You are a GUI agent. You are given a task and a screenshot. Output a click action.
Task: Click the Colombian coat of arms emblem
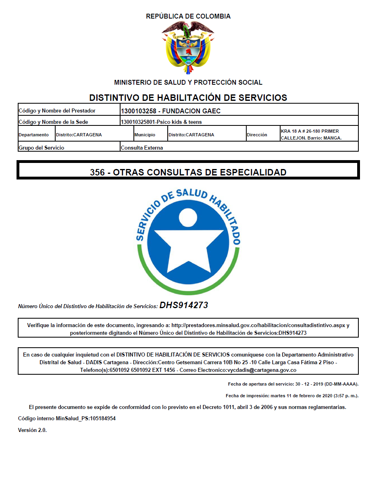(188, 48)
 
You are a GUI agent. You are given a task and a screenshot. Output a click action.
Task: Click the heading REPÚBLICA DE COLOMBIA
(188, 17)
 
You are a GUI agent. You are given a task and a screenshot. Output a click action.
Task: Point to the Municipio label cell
(145, 135)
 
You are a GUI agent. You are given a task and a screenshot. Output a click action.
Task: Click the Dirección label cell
(257, 135)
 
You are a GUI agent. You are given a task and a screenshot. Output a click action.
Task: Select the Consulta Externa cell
(142, 148)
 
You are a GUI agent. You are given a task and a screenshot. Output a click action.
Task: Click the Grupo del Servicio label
(42, 148)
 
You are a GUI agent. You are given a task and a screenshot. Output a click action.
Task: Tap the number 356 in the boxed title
(98, 172)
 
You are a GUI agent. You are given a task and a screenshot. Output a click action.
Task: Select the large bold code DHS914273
(184, 305)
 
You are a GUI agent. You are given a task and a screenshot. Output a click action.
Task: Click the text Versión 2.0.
(33, 430)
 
